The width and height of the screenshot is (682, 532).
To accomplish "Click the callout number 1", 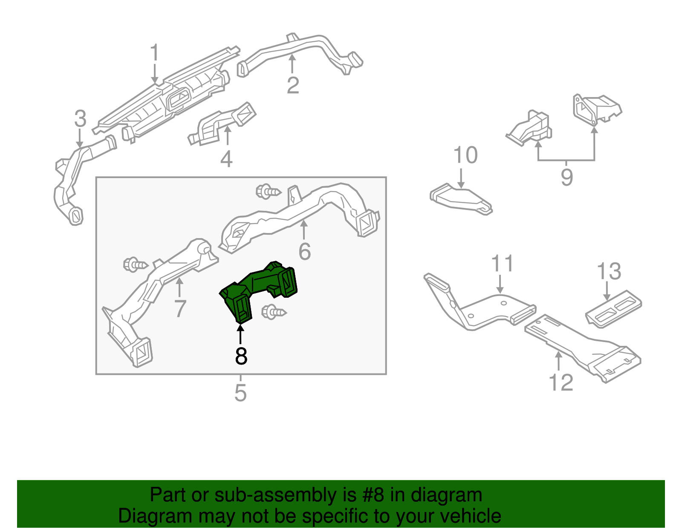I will pos(154,53).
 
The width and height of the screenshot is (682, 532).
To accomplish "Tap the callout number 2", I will pos(293,86).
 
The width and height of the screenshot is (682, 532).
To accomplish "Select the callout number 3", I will pos(80,119).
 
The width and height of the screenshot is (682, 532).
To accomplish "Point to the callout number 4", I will pos(226,159).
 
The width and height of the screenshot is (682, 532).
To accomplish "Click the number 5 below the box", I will pos(240,393).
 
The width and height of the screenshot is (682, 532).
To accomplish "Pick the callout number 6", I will pos(304,251).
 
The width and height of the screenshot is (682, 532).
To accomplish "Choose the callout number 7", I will pos(180,308).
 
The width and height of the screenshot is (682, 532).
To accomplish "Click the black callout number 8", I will pos(241,356).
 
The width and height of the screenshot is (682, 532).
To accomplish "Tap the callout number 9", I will pos(566,177).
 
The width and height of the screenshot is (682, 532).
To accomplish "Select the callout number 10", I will pos(465,155).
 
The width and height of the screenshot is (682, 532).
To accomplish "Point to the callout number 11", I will pos(503,264).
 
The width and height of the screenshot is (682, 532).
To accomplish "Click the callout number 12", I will pos(561,382).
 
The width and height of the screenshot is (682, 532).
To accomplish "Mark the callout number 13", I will pos(609,271).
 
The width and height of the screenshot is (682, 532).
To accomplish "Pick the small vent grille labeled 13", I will pos(613,310).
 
